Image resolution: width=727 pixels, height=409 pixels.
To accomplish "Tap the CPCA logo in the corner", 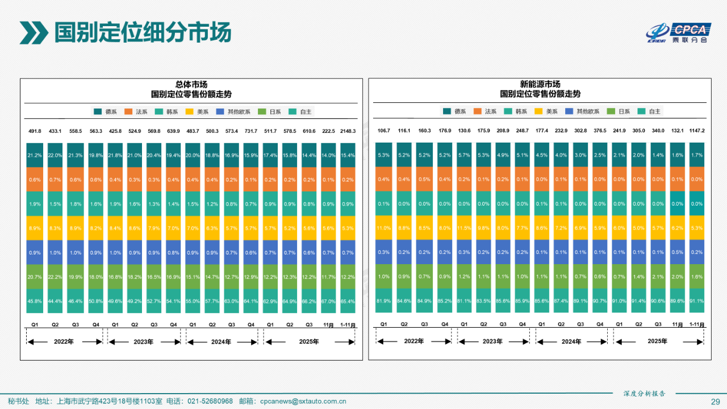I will [x=678, y=33].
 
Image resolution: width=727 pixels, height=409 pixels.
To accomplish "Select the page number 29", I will [x=715, y=402].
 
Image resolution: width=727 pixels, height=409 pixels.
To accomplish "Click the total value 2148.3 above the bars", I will [x=348, y=131].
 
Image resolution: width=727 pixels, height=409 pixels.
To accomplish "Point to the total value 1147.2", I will [x=696, y=131].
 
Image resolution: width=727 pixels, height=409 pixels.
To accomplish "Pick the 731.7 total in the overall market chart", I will [x=251, y=131].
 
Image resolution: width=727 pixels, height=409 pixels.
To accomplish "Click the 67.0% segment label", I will [x=328, y=302].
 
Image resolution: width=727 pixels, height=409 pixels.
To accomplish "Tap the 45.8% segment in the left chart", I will [x=35, y=302].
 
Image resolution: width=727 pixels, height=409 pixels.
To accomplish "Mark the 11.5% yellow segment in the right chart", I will [x=465, y=228].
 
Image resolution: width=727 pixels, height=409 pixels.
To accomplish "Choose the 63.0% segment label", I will [x=232, y=302].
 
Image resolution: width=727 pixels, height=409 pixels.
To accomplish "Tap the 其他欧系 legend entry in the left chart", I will [x=233, y=112].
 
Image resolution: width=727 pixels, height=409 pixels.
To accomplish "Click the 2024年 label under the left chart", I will [x=222, y=342].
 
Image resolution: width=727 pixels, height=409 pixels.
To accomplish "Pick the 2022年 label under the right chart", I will [x=414, y=342].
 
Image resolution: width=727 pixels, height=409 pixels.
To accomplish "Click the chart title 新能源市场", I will [x=540, y=84].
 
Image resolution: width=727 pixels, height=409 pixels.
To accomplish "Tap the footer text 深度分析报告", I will [x=644, y=393].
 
